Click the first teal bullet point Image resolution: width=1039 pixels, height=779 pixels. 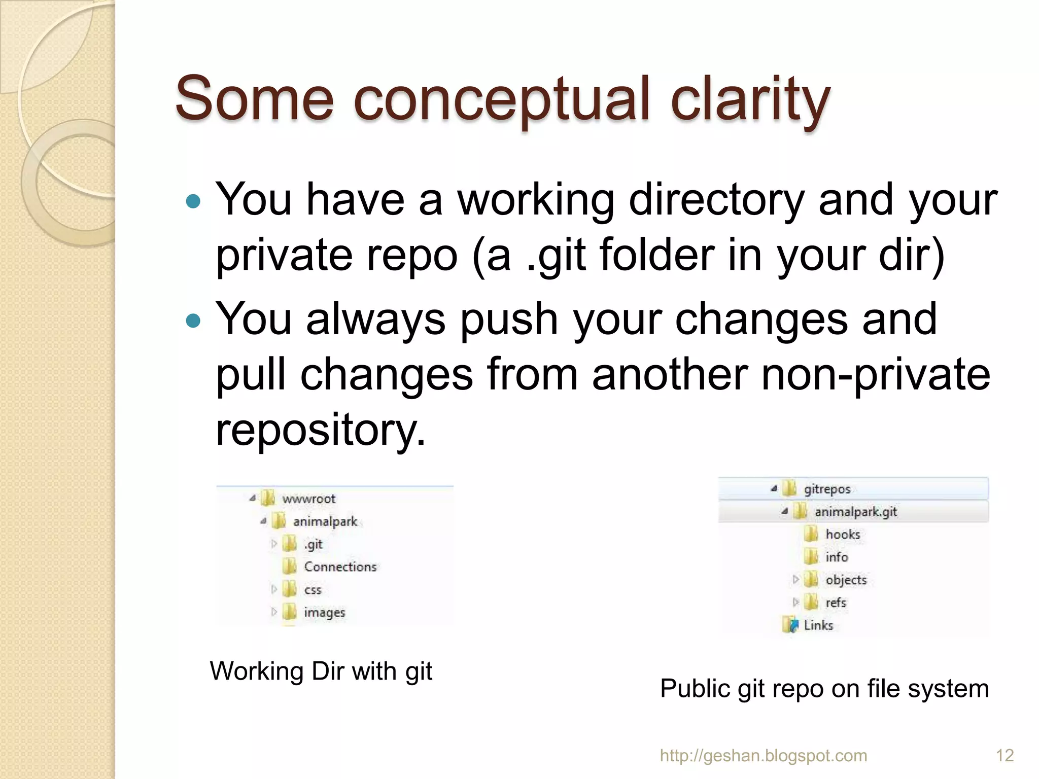pyautogui.click(x=193, y=202)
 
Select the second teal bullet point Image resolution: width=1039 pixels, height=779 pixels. pyautogui.click(x=193, y=321)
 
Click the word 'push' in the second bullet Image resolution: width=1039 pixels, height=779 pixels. pyautogui.click(x=509, y=320)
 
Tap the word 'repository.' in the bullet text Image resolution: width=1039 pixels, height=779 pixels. pyautogui.click(x=321, y=430)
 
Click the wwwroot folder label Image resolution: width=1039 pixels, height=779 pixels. pyautogui.click(x=308, y=499)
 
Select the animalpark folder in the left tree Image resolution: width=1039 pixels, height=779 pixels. pyautogui.click(x=325, y=521)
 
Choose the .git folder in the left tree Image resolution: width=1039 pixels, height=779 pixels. pyautogui.click(x=313, y=544)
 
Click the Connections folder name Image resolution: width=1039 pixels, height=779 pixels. pyautogui.click(x=340, y=567)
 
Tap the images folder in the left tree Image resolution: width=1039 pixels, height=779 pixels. pyautogui.click(x=324, y=613)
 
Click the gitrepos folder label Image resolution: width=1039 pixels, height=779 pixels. pyautogui.click(x=827, y=489)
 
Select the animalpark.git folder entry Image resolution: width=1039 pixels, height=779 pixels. pyautogui.click(x=855, y=512)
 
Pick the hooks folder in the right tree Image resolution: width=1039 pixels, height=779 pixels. pyautogui.click(x=843, y=535)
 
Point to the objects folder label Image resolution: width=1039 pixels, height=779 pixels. pyautogui.click(x=846, y=580)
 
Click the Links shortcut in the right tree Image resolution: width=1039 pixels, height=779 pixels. pyautogui.click(x=818, y=625)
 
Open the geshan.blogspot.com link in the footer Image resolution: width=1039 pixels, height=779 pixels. pyautogui.click(x=763, y=756)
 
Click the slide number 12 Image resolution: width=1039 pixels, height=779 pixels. pyautogui.click(x=1005, y=756)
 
